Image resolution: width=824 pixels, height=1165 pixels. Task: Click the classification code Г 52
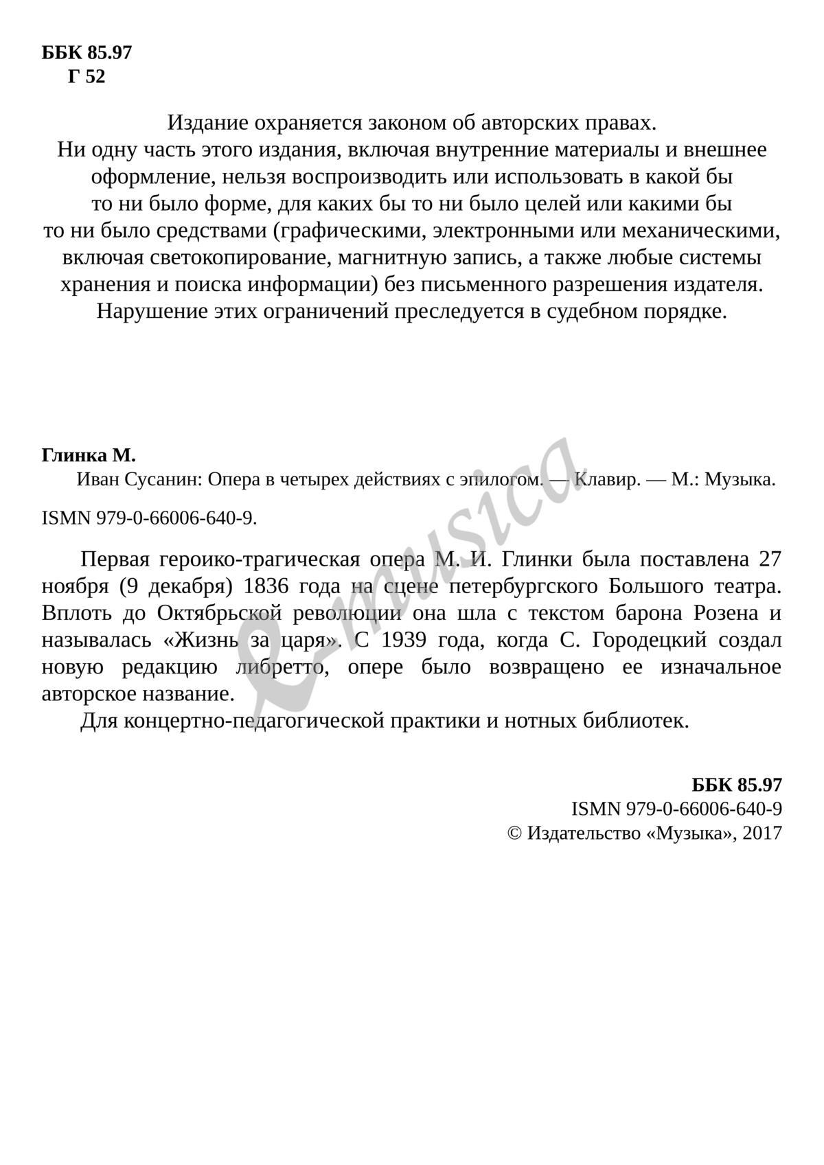click(x=87, y=77)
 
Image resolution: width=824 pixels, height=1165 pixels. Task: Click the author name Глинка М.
click(x=89, y=455)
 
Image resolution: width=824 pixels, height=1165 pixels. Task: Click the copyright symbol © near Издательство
click(x=514, y=833)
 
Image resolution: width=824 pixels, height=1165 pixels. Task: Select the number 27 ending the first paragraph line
click(x=770, y=560)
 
